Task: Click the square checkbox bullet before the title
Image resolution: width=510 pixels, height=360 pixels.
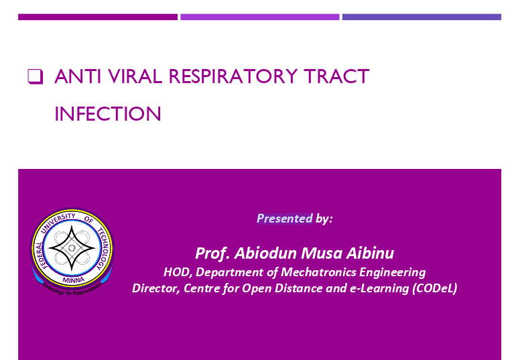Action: tap(35, 77)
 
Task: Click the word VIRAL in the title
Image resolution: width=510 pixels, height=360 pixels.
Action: tap(135, 76)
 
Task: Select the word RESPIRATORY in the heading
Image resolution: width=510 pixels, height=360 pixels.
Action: tap(233, 76)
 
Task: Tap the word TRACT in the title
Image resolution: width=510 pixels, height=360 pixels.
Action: tap(336, 76)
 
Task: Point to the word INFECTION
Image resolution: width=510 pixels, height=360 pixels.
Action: tap(108, 114)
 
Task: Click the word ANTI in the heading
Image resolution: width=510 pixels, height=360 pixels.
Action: tap(78, 76)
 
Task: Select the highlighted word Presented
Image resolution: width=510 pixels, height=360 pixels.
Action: tap(285, 219)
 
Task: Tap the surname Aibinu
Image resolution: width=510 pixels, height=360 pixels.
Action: tap(370, 253)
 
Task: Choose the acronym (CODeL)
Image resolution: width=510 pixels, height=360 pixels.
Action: tap(434, 288)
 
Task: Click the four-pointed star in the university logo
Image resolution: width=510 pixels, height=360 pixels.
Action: tap(72, 248)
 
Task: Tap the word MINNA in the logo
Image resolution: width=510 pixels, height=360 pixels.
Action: tap(74, 280)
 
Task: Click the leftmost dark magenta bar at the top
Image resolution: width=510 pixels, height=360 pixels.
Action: tap(98, 17)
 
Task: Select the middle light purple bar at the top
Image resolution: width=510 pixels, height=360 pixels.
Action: tap(260, 17)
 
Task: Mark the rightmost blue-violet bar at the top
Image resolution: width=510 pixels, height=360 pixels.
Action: tap(422, 17)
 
